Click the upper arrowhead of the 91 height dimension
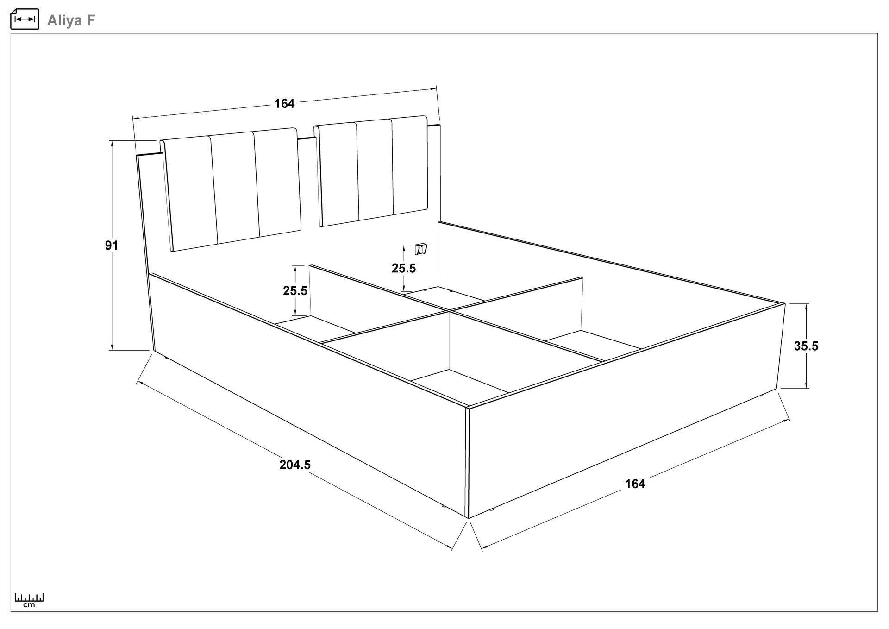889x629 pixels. click(x=112, y=143)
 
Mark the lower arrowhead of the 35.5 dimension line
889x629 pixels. click(x=807, y=385)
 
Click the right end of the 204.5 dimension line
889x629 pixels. click(x=451, y=548)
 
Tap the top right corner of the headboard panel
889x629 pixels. click(x=440, y=124)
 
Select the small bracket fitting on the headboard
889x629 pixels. click(x=421, y=249)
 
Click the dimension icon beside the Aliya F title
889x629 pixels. click(x=25, y=19)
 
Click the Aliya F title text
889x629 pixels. click(x=71, y=20)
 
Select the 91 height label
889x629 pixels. click(x=112, y=245)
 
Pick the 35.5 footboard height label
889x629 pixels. click(x=806, y=346)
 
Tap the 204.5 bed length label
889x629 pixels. click(x=295, y=465)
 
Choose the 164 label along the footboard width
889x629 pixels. click(x=635, y=484)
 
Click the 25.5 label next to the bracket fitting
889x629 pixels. click(x=404, y=268)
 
